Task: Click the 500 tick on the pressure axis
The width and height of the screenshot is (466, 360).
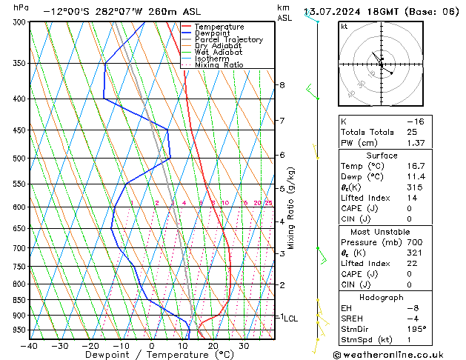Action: (x=20, y=159)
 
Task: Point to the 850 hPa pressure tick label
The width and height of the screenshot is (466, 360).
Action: (x=20, y=300)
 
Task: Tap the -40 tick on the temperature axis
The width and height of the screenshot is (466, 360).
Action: (x=30, y=345)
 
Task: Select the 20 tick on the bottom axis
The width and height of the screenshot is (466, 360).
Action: (x=213, y=345)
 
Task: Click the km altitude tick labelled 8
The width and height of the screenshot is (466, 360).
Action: (x=282, y=85)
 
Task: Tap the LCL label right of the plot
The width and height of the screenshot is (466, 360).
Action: (x=291, y=318)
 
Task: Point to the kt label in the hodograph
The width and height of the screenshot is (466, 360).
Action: (x=344, y=27)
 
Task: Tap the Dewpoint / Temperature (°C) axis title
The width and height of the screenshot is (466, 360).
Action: (x=151, y=356)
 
